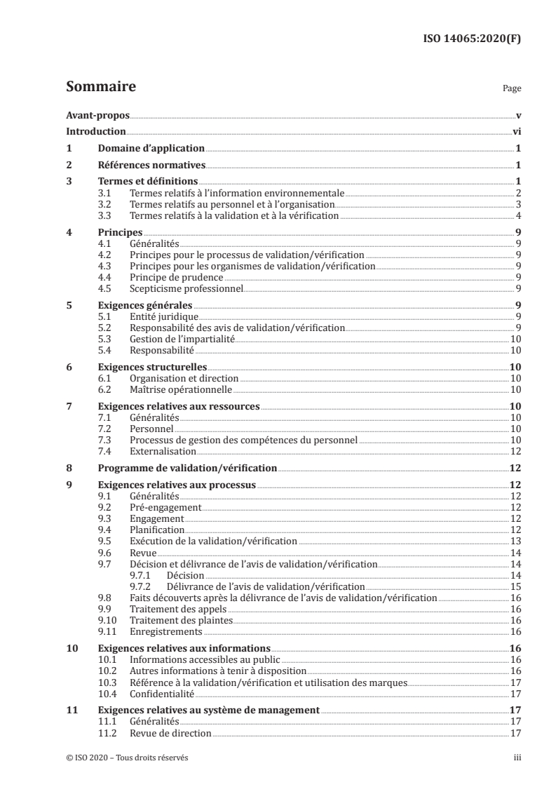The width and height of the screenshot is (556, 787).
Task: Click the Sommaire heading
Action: [x=100, y=88]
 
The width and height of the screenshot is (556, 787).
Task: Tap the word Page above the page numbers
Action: [x=511, y=90]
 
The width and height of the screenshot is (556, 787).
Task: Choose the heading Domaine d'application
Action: [x=151, y=149]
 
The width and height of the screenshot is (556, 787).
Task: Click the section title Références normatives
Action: [x=151, y=166]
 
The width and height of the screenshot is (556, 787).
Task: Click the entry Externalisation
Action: [x=163, y=451]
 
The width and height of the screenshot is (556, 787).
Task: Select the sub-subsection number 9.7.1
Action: [x=141, y=575]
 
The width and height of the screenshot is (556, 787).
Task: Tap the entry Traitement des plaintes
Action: [x=181, y=621]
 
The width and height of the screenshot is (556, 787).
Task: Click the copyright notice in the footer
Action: [x=127, y=758]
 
